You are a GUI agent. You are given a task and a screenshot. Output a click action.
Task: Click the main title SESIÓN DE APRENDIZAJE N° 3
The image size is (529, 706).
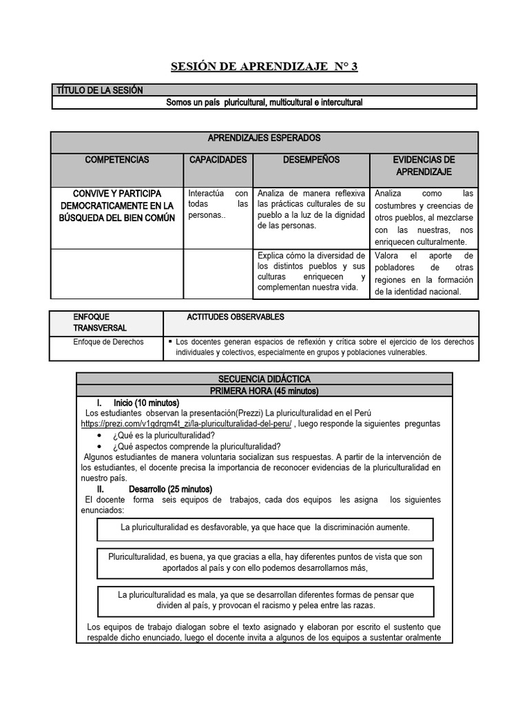(264, 67)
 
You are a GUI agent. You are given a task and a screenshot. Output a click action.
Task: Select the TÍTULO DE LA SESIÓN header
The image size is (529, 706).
(98, 90)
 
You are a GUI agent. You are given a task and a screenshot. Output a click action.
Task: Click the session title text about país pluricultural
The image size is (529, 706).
(264, 103)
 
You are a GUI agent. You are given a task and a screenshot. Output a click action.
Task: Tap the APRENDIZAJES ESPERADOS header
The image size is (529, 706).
(264, 139)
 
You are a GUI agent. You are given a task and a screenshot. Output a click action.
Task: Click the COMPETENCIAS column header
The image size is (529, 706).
(116, 160)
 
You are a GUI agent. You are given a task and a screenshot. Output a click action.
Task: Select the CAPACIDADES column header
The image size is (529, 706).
(218, 160)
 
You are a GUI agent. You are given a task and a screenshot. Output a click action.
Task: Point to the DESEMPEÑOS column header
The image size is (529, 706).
(311, 160)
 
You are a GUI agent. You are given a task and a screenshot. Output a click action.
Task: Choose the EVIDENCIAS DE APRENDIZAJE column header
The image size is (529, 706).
(424, 165)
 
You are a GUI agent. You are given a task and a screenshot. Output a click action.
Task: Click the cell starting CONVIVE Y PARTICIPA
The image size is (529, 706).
(116, 205)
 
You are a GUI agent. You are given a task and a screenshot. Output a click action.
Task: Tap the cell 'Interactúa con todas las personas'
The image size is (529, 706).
(218, 204)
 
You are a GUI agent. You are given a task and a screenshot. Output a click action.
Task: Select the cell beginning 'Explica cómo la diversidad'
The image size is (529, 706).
(311, 272)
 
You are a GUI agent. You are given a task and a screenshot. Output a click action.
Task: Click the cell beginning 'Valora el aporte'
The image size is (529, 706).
(424, 274)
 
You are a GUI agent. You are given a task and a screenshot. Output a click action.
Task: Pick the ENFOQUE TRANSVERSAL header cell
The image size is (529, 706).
(100, 322)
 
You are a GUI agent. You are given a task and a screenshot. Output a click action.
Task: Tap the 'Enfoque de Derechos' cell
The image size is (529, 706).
(109, 342)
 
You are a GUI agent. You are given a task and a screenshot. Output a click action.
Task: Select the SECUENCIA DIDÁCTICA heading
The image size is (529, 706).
(264, 379)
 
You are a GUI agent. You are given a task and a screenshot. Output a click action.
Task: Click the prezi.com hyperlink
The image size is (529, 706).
(186, 423)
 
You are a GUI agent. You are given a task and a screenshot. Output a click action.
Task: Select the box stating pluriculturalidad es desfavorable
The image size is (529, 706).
(265, 527)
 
